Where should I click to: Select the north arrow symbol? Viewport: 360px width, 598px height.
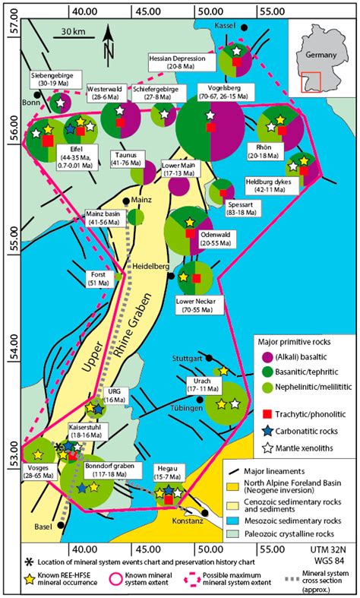(x=109, y=45)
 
